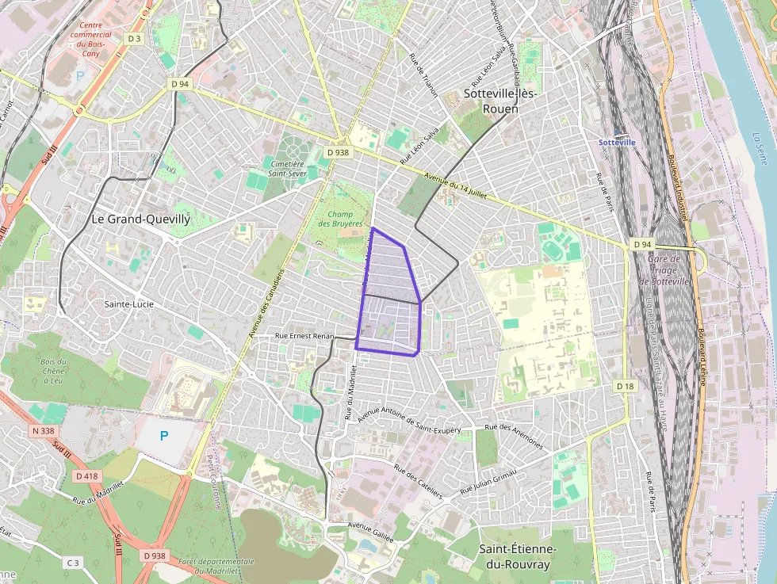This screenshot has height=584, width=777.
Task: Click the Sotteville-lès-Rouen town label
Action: click(x=500, y=101)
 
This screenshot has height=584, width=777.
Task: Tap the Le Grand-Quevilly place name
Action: click(x=140, y=219)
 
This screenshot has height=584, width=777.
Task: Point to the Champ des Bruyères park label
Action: click(x=339, y=219)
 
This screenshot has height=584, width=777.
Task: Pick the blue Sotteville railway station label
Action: click(x=617, y=143)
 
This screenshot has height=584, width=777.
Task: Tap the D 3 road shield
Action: click(x=134, y=39)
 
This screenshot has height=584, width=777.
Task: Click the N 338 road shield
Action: click(x=46, y=431)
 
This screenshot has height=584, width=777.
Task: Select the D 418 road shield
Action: click(x=87, y=476)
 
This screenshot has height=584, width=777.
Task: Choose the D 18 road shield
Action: click(x=626, y=385)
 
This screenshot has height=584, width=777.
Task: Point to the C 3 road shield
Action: click(x=73, y=563)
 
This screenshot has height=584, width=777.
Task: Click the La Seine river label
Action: click(x=759, y=151)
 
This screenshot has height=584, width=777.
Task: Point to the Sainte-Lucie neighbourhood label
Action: click(x=128, y=303)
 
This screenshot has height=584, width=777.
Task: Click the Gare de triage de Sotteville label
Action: click(x=664, y=270)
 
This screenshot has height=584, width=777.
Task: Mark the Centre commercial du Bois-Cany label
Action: click(x=90, y=35)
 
